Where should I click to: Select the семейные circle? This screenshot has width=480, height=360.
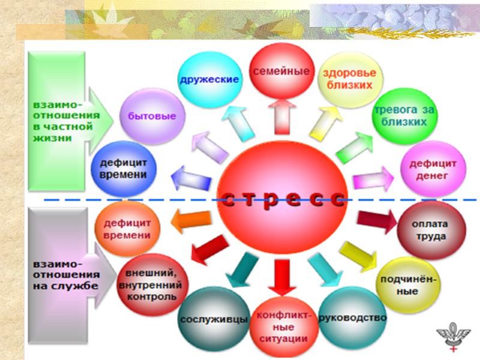point(281,71)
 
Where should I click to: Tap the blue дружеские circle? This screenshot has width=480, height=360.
point(209,79)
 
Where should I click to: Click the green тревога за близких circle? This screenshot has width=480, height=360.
point(400,116)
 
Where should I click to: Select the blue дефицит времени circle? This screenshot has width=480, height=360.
point(124,167)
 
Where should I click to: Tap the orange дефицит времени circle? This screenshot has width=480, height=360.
point(127,229)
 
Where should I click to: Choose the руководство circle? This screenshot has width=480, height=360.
point(352,317)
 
